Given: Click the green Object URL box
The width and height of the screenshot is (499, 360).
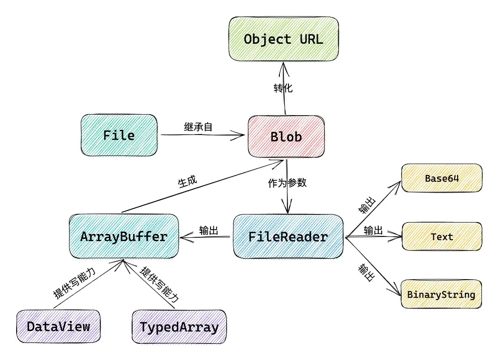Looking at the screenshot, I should click(x=284, y=39).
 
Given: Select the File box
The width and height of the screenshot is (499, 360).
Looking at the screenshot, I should click(x=119, y=136).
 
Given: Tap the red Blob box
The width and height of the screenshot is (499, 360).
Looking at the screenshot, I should click(x=286, y=137).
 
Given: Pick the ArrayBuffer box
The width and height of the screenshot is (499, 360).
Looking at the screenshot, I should click(x=124, y=236).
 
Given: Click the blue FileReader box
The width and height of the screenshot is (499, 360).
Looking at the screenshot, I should click(x=288, y=236).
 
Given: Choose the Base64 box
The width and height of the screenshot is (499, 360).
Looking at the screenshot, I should click(x=441, y=178).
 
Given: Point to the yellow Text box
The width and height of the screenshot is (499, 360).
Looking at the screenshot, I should click(x=442, y=236).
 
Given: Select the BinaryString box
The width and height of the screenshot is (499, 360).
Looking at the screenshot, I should click(x=441, y=294).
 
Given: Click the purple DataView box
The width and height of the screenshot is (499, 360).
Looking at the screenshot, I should click(x=58, y=327).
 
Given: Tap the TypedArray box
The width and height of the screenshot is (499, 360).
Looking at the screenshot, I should click(x=179, y=327).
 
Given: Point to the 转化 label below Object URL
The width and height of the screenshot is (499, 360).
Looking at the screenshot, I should click(x=283, y=88).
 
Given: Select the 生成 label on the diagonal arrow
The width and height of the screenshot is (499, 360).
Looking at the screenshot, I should click(x=188, y=183).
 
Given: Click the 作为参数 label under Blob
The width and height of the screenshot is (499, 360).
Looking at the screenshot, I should click(x=287, y=184).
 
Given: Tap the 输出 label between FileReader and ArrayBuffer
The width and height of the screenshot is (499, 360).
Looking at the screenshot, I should click(x=209, y=231).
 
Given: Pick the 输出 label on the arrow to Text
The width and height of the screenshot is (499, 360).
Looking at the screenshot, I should click(x=373, y=231).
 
